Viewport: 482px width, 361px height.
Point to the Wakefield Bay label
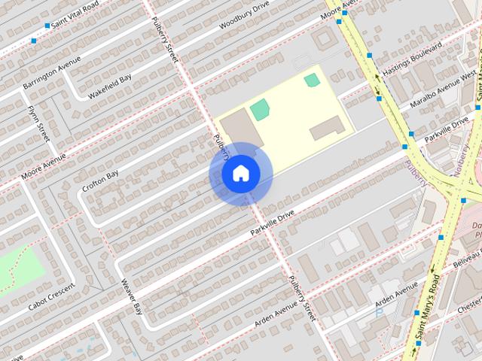(110, 86)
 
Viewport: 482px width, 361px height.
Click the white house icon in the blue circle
(240, 174)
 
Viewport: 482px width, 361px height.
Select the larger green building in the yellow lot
(259, 109)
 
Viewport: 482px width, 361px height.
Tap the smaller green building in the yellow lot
(312, 80)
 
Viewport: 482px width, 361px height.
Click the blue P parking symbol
(379, 313)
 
